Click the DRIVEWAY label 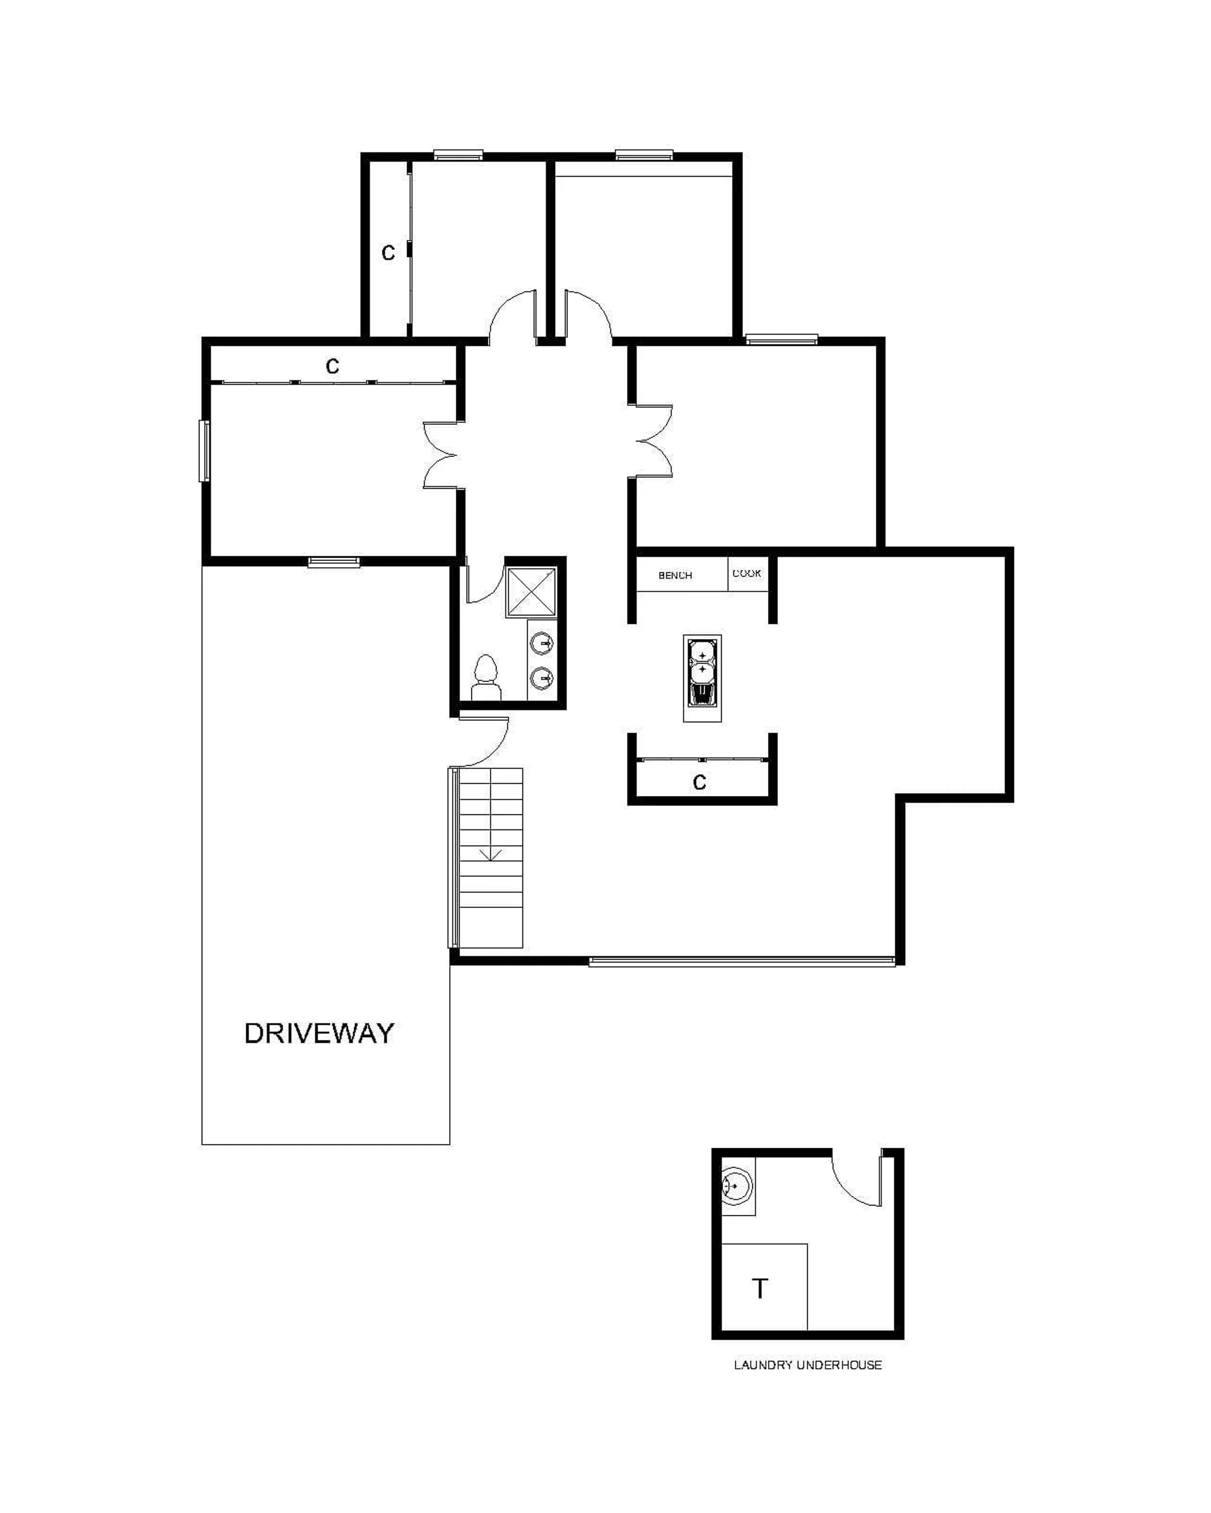coord(319,1034)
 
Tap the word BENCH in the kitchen coord(675,576)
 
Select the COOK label coord(746,573)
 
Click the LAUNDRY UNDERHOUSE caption coord(807,1365)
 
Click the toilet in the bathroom coord(485,678)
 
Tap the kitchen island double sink coord(702,678)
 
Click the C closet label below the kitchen coord(699,782)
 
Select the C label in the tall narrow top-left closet coord(387,253)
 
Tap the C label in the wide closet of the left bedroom coord(332,366)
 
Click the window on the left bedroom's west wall coord(204,451)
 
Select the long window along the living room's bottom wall coord(741,961)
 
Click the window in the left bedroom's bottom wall coord(334,562)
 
